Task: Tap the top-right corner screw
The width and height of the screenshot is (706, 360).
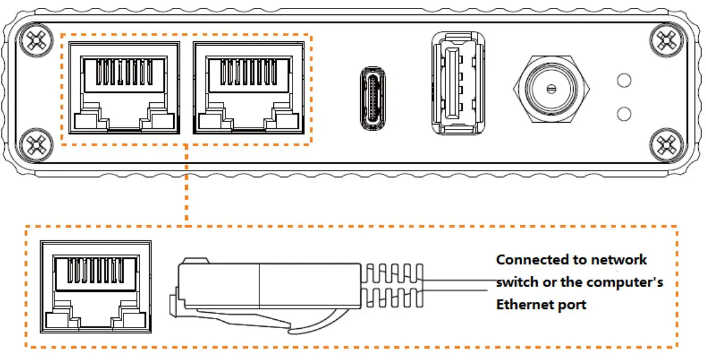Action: tap(665, 41)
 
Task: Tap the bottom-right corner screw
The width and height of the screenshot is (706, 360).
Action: tap(665, 144)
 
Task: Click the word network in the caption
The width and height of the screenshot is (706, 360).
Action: tap(618, 260)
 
